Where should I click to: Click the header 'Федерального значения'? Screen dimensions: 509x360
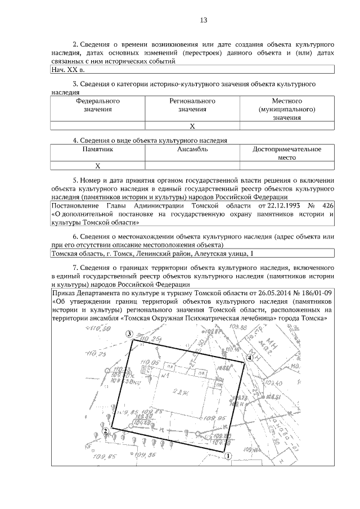pyautogui.click(x=98, y=105)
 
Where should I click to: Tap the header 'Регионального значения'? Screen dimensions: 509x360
pyautogui.click(x=192, y=105)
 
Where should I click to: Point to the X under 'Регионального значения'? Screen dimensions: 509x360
pyautogui.click(x=192, y=126)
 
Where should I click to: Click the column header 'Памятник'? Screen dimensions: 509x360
pyautogui.click(x=98, y=150)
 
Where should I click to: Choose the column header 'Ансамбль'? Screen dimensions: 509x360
pyautogui.click(x=192, y=150)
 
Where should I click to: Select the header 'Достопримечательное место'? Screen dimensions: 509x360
pyautogui.click(x=287, y=154)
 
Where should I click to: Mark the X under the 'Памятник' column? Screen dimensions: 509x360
pyautogui.click(x=98, y=166)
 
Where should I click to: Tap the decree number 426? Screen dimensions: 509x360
pyautogui.click(x=328, y=206)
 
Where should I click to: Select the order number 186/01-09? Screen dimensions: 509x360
pyautogui.click(x=314, y=294)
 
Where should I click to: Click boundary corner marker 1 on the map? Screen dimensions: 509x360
pyautogui.click(x=228, y=457)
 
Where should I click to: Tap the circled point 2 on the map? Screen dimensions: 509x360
pyautogui.click(x=105, y=431)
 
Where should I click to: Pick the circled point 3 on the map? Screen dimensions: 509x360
pyautogui.click(x=129, y=335)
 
